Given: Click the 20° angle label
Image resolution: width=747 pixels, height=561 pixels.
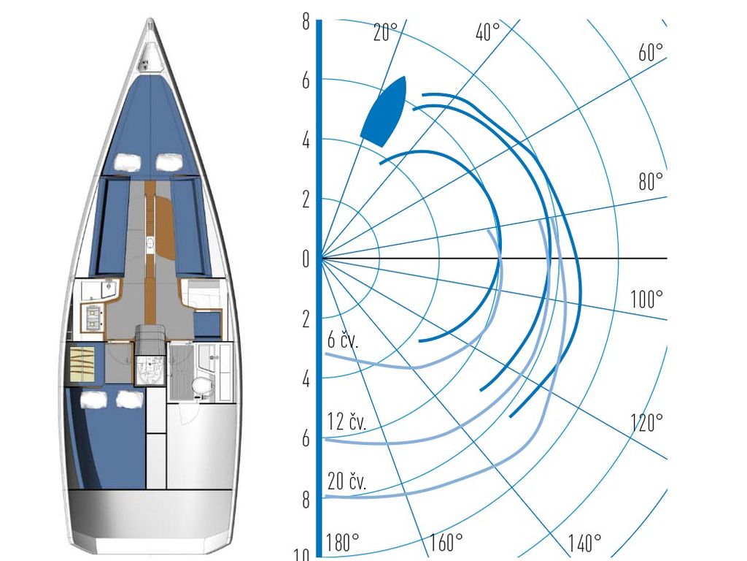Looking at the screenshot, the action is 385,32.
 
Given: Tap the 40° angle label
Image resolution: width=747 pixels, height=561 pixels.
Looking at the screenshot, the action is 487,32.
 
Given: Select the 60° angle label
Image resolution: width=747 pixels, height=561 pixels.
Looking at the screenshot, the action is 650,53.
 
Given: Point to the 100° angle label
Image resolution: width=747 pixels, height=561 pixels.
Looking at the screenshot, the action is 646,299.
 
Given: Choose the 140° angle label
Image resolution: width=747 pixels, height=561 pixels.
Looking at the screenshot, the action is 584,543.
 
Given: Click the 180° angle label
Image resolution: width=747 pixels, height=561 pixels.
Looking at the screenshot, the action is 342,542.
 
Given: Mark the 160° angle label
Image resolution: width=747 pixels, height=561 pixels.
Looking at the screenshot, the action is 446,542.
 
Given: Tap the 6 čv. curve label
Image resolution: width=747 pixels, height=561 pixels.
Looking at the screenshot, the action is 343,340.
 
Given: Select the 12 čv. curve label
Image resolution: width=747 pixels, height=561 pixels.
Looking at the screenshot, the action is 347,422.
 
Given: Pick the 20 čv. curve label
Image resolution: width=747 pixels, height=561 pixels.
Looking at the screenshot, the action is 347,482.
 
